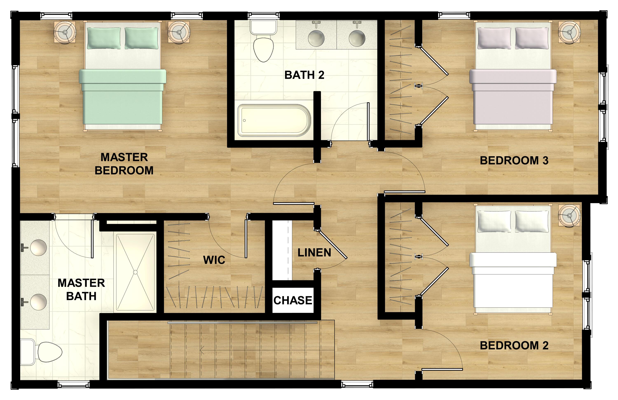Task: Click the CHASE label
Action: tap(293, 300)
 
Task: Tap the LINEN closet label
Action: tap(314, 252)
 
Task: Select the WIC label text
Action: tap(214, 260)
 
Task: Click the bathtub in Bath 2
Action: tap(274, 120)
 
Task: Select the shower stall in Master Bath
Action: tap(135, 272)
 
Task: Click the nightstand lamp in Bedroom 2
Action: tap(569, 215)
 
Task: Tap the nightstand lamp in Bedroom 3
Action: tap(569, 32)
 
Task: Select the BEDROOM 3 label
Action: tap(514, 161)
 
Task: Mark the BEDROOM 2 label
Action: tap(514, 345)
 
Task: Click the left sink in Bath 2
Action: tap(316, 38)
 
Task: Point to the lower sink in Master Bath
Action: tap(39, 302)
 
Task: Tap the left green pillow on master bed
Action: tap(104, 38)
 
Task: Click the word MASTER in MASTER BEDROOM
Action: tap(124, 157)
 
